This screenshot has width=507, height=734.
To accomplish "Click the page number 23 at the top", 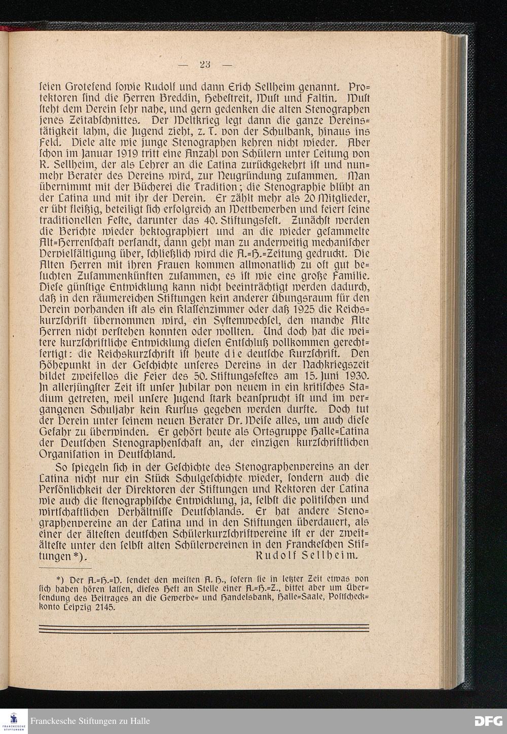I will pos(205,64).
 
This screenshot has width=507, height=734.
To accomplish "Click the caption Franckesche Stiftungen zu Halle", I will pos(90,721).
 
